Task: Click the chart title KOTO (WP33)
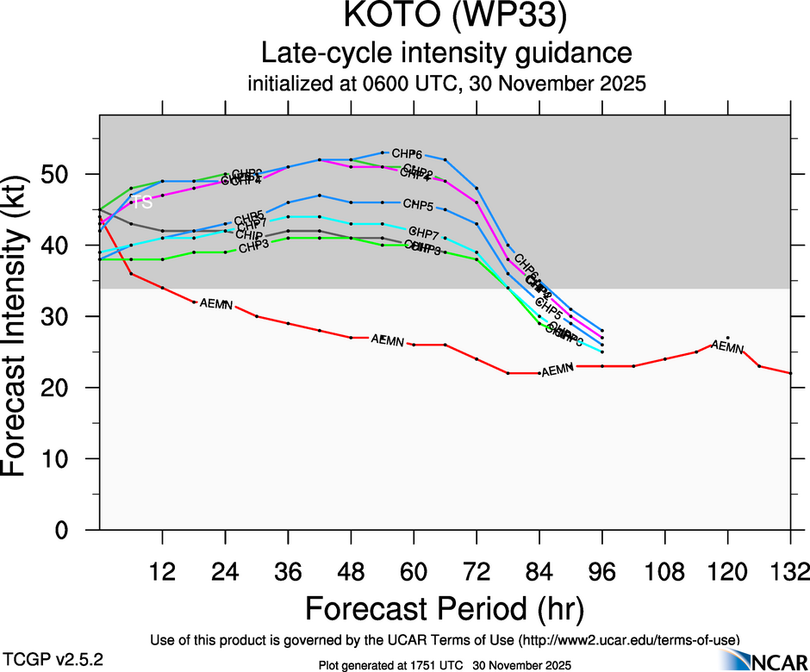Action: tap(446, 18)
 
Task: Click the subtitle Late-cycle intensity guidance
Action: tap(446, 53)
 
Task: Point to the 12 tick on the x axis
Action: tap(162, 572)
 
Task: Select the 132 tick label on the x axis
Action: tap(790, 572)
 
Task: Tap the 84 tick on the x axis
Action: tap(539, 572)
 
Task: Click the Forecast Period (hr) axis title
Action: tap(445, 608)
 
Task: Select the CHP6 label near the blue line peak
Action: tap(407, 152)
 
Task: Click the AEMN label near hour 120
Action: tap(727, 348)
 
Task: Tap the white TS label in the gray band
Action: tap(141, 202)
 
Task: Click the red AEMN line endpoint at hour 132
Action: tap(790, 373)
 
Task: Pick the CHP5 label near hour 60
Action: tap(418, 204)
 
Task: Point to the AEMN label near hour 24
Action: tap(215, 304)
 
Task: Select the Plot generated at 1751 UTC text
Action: tap(445, 664)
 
